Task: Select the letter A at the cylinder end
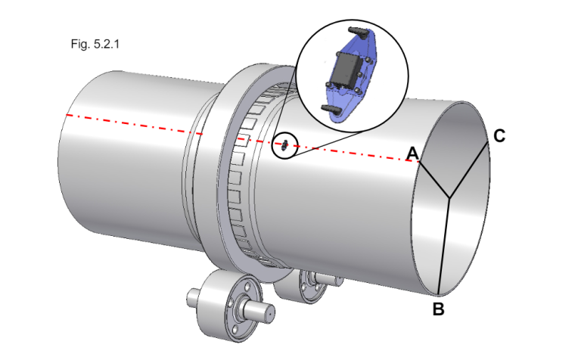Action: pyautogui.click(x=412, y=153)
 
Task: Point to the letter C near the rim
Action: pyautogui.click(x=499, y=136)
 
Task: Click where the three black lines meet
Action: pyautogui.click(x=449, y=199)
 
